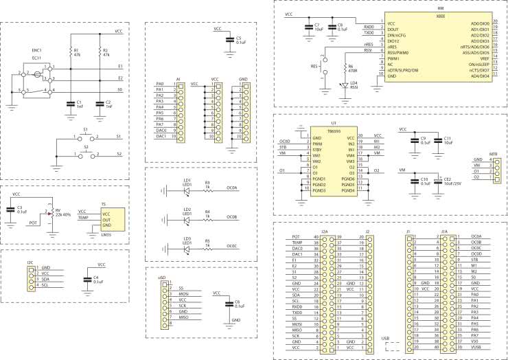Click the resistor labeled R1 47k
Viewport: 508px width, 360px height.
tap(70, 52)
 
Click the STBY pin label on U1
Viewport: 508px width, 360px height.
tap(318, 149)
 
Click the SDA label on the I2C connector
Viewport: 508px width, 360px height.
tap(45, 280)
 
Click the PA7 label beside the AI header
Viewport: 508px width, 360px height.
tap(160, 124)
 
